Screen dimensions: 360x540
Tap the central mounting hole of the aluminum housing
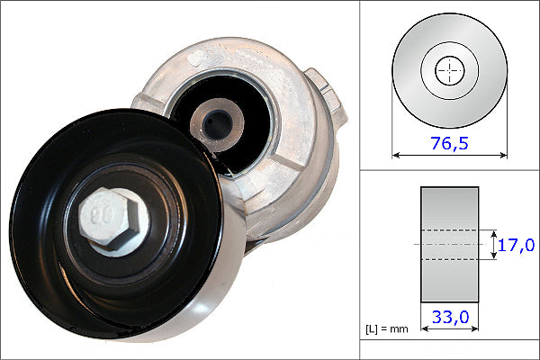[x=215, y=121]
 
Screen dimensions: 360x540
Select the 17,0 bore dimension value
[x=517, y=245]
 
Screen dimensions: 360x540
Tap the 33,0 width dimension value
[x=450, y=318]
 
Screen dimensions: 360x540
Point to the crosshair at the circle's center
[x=448, y=71]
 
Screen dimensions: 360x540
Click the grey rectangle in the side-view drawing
[x=449, y=207]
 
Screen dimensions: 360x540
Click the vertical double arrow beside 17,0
[x=494, y=244]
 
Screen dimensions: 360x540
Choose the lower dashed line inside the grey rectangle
[x=449, y=260]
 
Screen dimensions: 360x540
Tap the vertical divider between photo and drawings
[x=360, y=180]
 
